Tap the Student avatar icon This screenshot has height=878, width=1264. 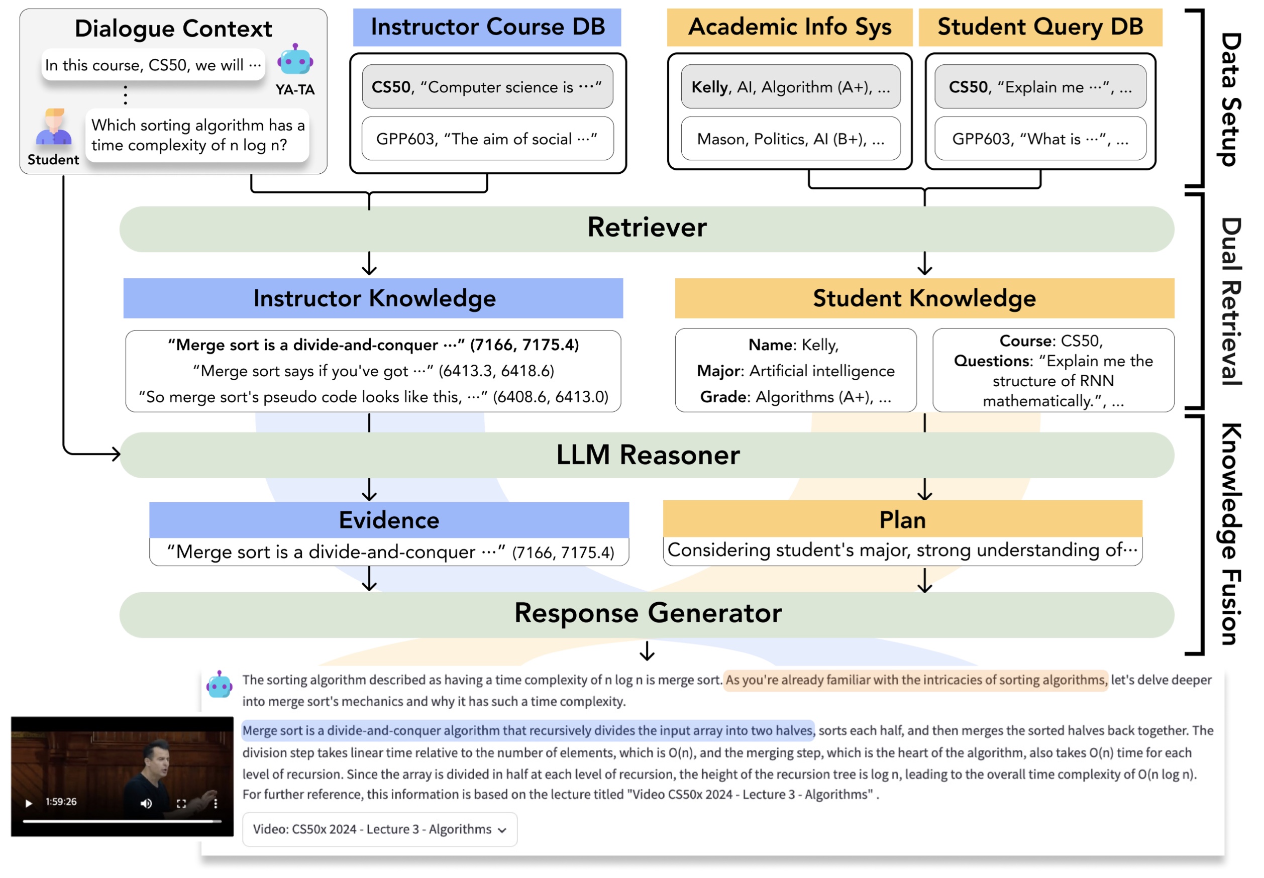pos(53,127)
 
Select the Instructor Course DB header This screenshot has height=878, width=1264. pos(486,27)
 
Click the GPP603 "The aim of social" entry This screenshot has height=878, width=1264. pos(486,139)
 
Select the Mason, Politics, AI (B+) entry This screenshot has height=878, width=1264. pos(790,139)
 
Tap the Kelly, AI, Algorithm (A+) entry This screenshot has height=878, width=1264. pos(790,87)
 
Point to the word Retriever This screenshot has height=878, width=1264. pos(646,227)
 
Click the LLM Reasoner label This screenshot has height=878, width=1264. pos(647,455)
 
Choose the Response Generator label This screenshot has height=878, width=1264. pos(647,613)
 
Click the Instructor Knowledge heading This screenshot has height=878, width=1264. pos(374,298)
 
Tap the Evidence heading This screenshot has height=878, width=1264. pos(388,520)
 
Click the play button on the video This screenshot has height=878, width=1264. pos(29,803)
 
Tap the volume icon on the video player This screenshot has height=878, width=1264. pos(146,803)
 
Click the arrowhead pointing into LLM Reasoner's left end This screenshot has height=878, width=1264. pos(116,454)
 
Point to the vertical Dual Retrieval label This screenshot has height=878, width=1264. pos(1229,301)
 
